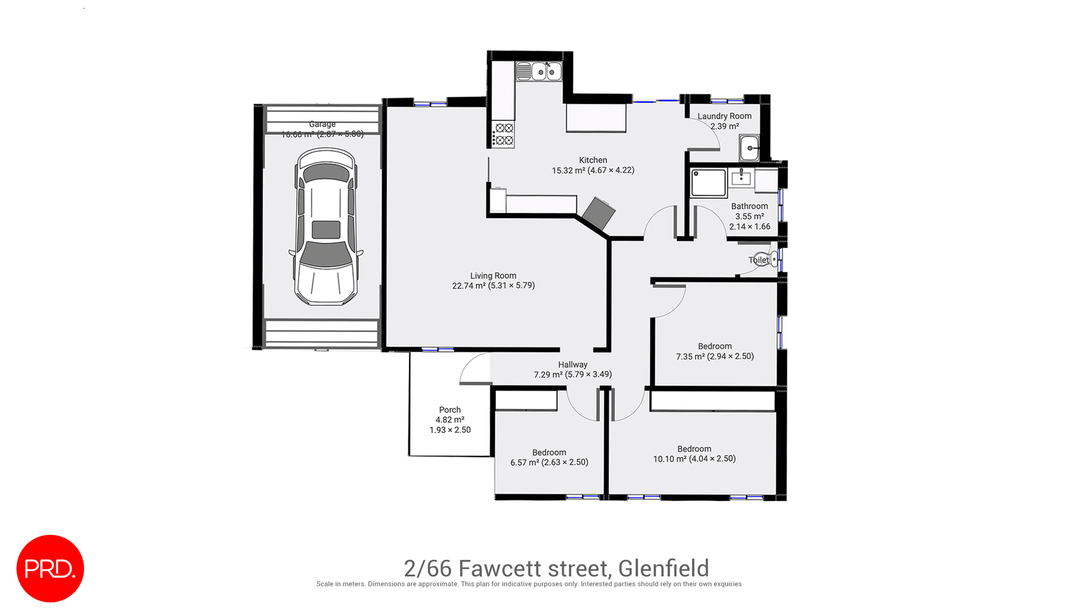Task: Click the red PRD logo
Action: pos(50,568)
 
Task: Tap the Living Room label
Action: pos(493,275)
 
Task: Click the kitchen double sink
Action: pos(546,72)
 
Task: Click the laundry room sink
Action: pos(749,148)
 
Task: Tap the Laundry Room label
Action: pos(724,116)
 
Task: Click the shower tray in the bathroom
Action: pos(708,183)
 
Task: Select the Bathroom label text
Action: pos(749,206)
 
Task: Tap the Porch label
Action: pos(450,410)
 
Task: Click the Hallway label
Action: pos(572,365)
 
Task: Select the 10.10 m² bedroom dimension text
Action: pos(694,459)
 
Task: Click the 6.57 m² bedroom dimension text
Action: pos(549,462)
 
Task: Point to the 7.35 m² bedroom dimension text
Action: pos(714,356)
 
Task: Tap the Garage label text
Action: pos(322,124)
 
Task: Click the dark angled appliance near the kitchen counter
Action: pos(599,213)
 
